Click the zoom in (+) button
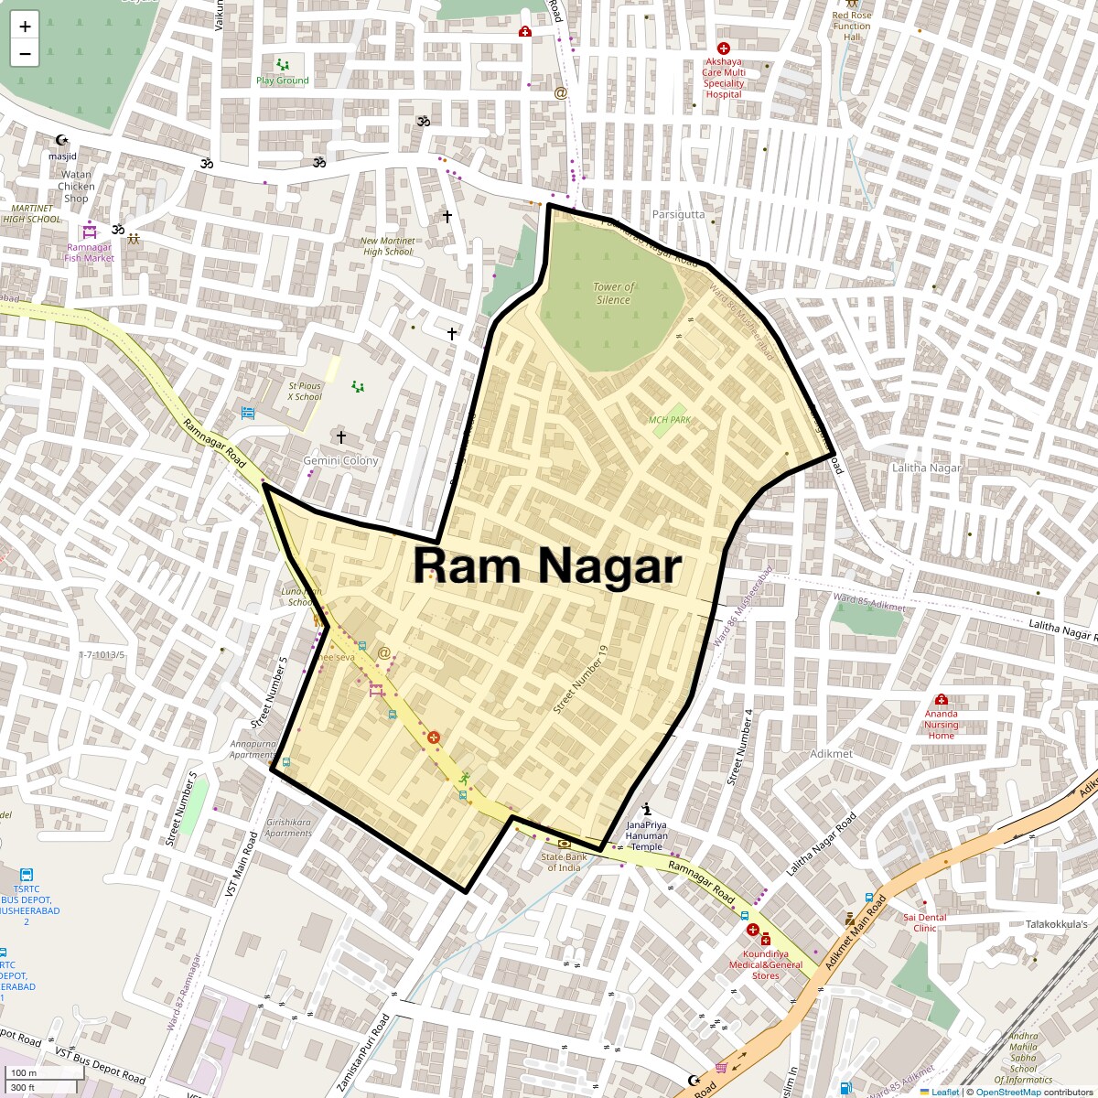coord(25,26)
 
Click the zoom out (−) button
coord(25,53)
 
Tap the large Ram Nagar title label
coord(547,565)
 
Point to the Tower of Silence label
coord(614,293)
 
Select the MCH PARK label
coord(670,420)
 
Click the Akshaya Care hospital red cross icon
coord(724,48)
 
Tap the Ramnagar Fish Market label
coord(89,253)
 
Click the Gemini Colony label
coord(340,460)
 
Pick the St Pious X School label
coord(305,392)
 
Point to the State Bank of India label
coord(564,862)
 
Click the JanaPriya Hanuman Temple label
coord(647,835)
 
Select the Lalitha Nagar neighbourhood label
coord(927,468)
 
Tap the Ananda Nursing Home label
coord(941,725)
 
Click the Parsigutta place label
coord(678,214)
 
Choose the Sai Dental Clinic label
coord(925,922)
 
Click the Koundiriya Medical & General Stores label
coord(766,964)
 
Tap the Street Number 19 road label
coord(581,680)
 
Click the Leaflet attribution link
coord(945,1092)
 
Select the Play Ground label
coord(283,81)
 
